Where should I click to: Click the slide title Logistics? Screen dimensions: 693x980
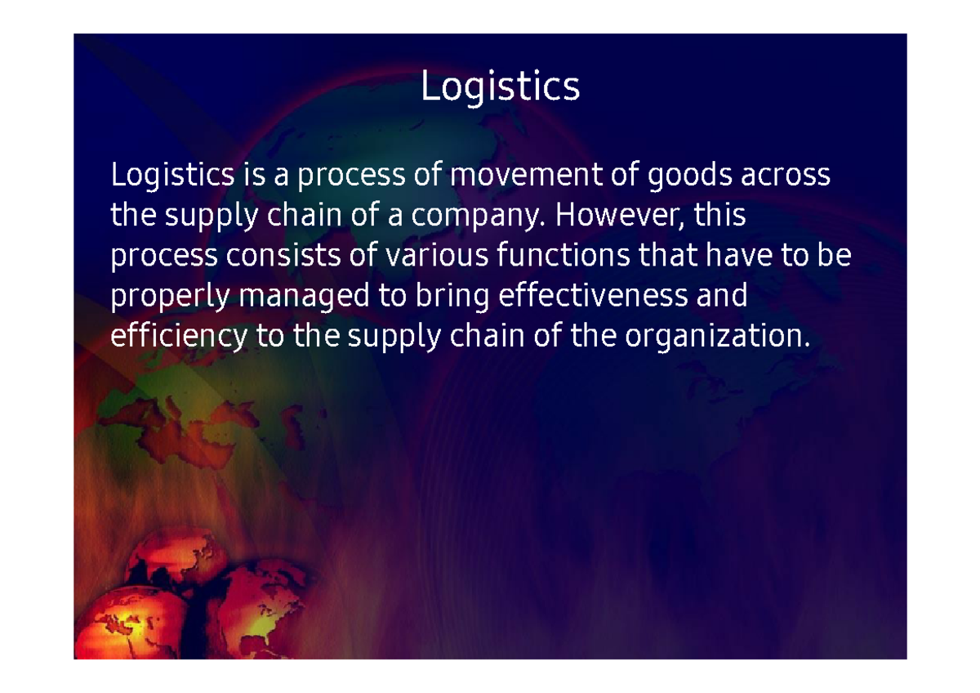point(500,87)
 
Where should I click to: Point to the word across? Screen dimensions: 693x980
point(786,175)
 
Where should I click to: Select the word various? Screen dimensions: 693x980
point(437,257)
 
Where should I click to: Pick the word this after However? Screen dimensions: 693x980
point(719,216)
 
